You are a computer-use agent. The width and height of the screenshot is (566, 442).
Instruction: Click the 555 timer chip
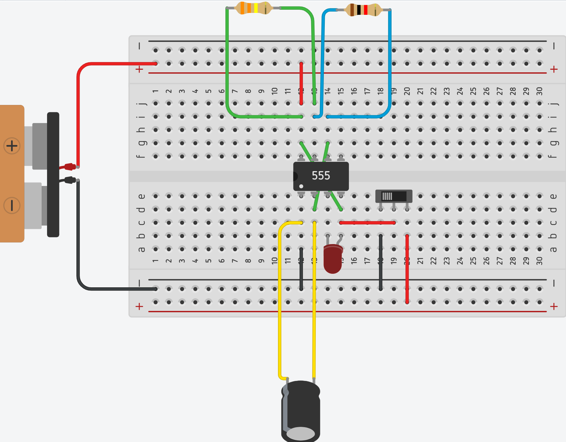click(321, 176)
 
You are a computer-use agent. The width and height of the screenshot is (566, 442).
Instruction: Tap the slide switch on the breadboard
click(394, 196)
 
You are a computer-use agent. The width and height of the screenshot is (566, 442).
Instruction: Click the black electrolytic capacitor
click(301, 410)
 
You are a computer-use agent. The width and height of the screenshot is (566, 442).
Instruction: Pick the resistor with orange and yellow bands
click(253, 8)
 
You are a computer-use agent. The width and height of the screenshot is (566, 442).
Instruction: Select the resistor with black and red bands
click(363, 10)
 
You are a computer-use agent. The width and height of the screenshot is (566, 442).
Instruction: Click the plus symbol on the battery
click(12, 146)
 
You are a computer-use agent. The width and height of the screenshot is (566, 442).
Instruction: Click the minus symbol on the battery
click(12, 205)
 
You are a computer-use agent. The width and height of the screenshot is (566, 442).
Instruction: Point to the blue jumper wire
click(390, 65)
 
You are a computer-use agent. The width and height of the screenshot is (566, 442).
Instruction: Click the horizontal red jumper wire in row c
click(367, 223)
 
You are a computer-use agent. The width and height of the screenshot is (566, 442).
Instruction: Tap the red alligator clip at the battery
click(69, 167)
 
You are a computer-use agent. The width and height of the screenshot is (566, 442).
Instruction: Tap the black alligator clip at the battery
click(69, 180)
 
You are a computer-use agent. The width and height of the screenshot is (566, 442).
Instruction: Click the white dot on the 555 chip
click(301, 186)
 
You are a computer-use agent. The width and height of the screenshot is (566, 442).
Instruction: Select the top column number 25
click(473, 91)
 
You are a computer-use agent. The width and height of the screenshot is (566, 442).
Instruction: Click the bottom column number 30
click(539, 261)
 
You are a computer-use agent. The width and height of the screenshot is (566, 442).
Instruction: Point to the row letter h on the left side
click(141, 130)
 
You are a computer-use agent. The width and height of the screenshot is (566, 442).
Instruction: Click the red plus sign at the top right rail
click(554, 69)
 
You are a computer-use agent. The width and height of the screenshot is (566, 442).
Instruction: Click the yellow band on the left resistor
click(256, 8)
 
